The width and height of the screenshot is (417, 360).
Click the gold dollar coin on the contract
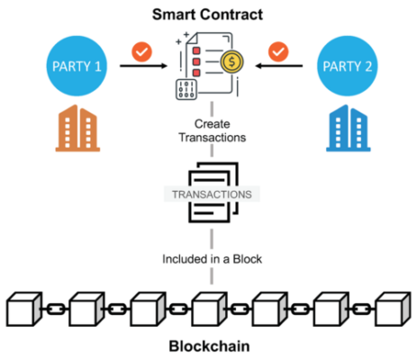pyautogui.click(x=231, y=63)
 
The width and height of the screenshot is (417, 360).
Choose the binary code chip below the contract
pyautogui.click(x=188, y=91)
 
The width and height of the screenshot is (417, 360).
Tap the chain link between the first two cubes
pyautogui.click(x=54, y=309)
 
